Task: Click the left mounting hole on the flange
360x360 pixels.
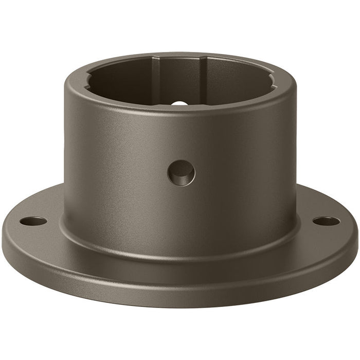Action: [33, 222]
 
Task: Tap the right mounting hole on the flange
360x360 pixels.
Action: [326, 222]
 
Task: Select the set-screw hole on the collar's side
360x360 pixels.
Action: [181, 172]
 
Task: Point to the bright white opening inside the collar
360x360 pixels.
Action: [179, 103]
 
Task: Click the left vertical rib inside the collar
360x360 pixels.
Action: [158, 77]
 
